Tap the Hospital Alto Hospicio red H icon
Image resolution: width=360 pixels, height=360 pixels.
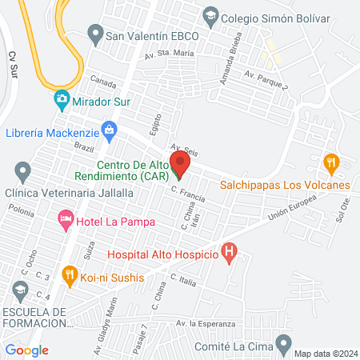(230, 254)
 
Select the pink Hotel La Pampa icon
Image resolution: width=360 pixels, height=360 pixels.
(65, 218)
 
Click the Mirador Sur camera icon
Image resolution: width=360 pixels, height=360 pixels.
(61, 102)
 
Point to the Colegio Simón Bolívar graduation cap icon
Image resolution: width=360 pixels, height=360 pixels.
(210, 14)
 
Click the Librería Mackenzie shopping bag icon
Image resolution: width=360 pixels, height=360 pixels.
(110, 131)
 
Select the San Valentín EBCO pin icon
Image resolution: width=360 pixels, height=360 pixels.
(95, 35)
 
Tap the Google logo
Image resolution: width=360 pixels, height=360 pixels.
(26, 350)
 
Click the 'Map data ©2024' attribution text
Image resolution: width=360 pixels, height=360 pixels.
(325, 353)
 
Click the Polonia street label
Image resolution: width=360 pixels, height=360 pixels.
(22, 214)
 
